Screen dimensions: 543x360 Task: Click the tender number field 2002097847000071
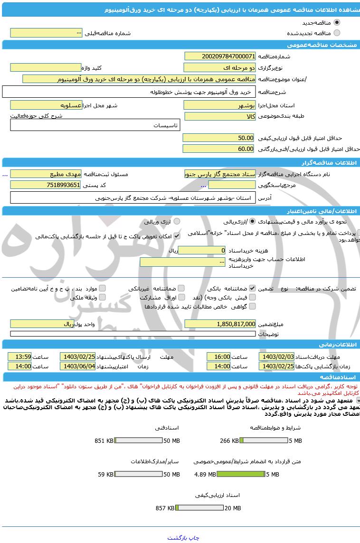pos(219,56)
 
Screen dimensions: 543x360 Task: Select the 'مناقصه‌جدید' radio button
pos(337,22)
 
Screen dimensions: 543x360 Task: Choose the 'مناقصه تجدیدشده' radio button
pos(337,33)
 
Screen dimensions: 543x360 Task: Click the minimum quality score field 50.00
pos(219,138)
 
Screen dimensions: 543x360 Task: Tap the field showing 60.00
pos(219,149)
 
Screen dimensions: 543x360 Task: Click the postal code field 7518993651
pos(46,185)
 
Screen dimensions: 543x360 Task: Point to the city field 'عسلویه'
pos(46,105)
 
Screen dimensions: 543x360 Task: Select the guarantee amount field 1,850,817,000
pos(219,324)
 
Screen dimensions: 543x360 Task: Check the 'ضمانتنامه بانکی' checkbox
pos(252,288)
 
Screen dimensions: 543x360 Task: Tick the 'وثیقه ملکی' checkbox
pos(102,297)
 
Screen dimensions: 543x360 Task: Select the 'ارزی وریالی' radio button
pos(177,221)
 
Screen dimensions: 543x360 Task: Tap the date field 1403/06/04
pos(78,366)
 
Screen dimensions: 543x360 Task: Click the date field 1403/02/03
pos(276,356)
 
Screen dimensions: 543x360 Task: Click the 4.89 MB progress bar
pos(241,474)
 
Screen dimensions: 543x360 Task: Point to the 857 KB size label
pos(165,508)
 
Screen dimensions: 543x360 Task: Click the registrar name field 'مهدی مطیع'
pos(46,174)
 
